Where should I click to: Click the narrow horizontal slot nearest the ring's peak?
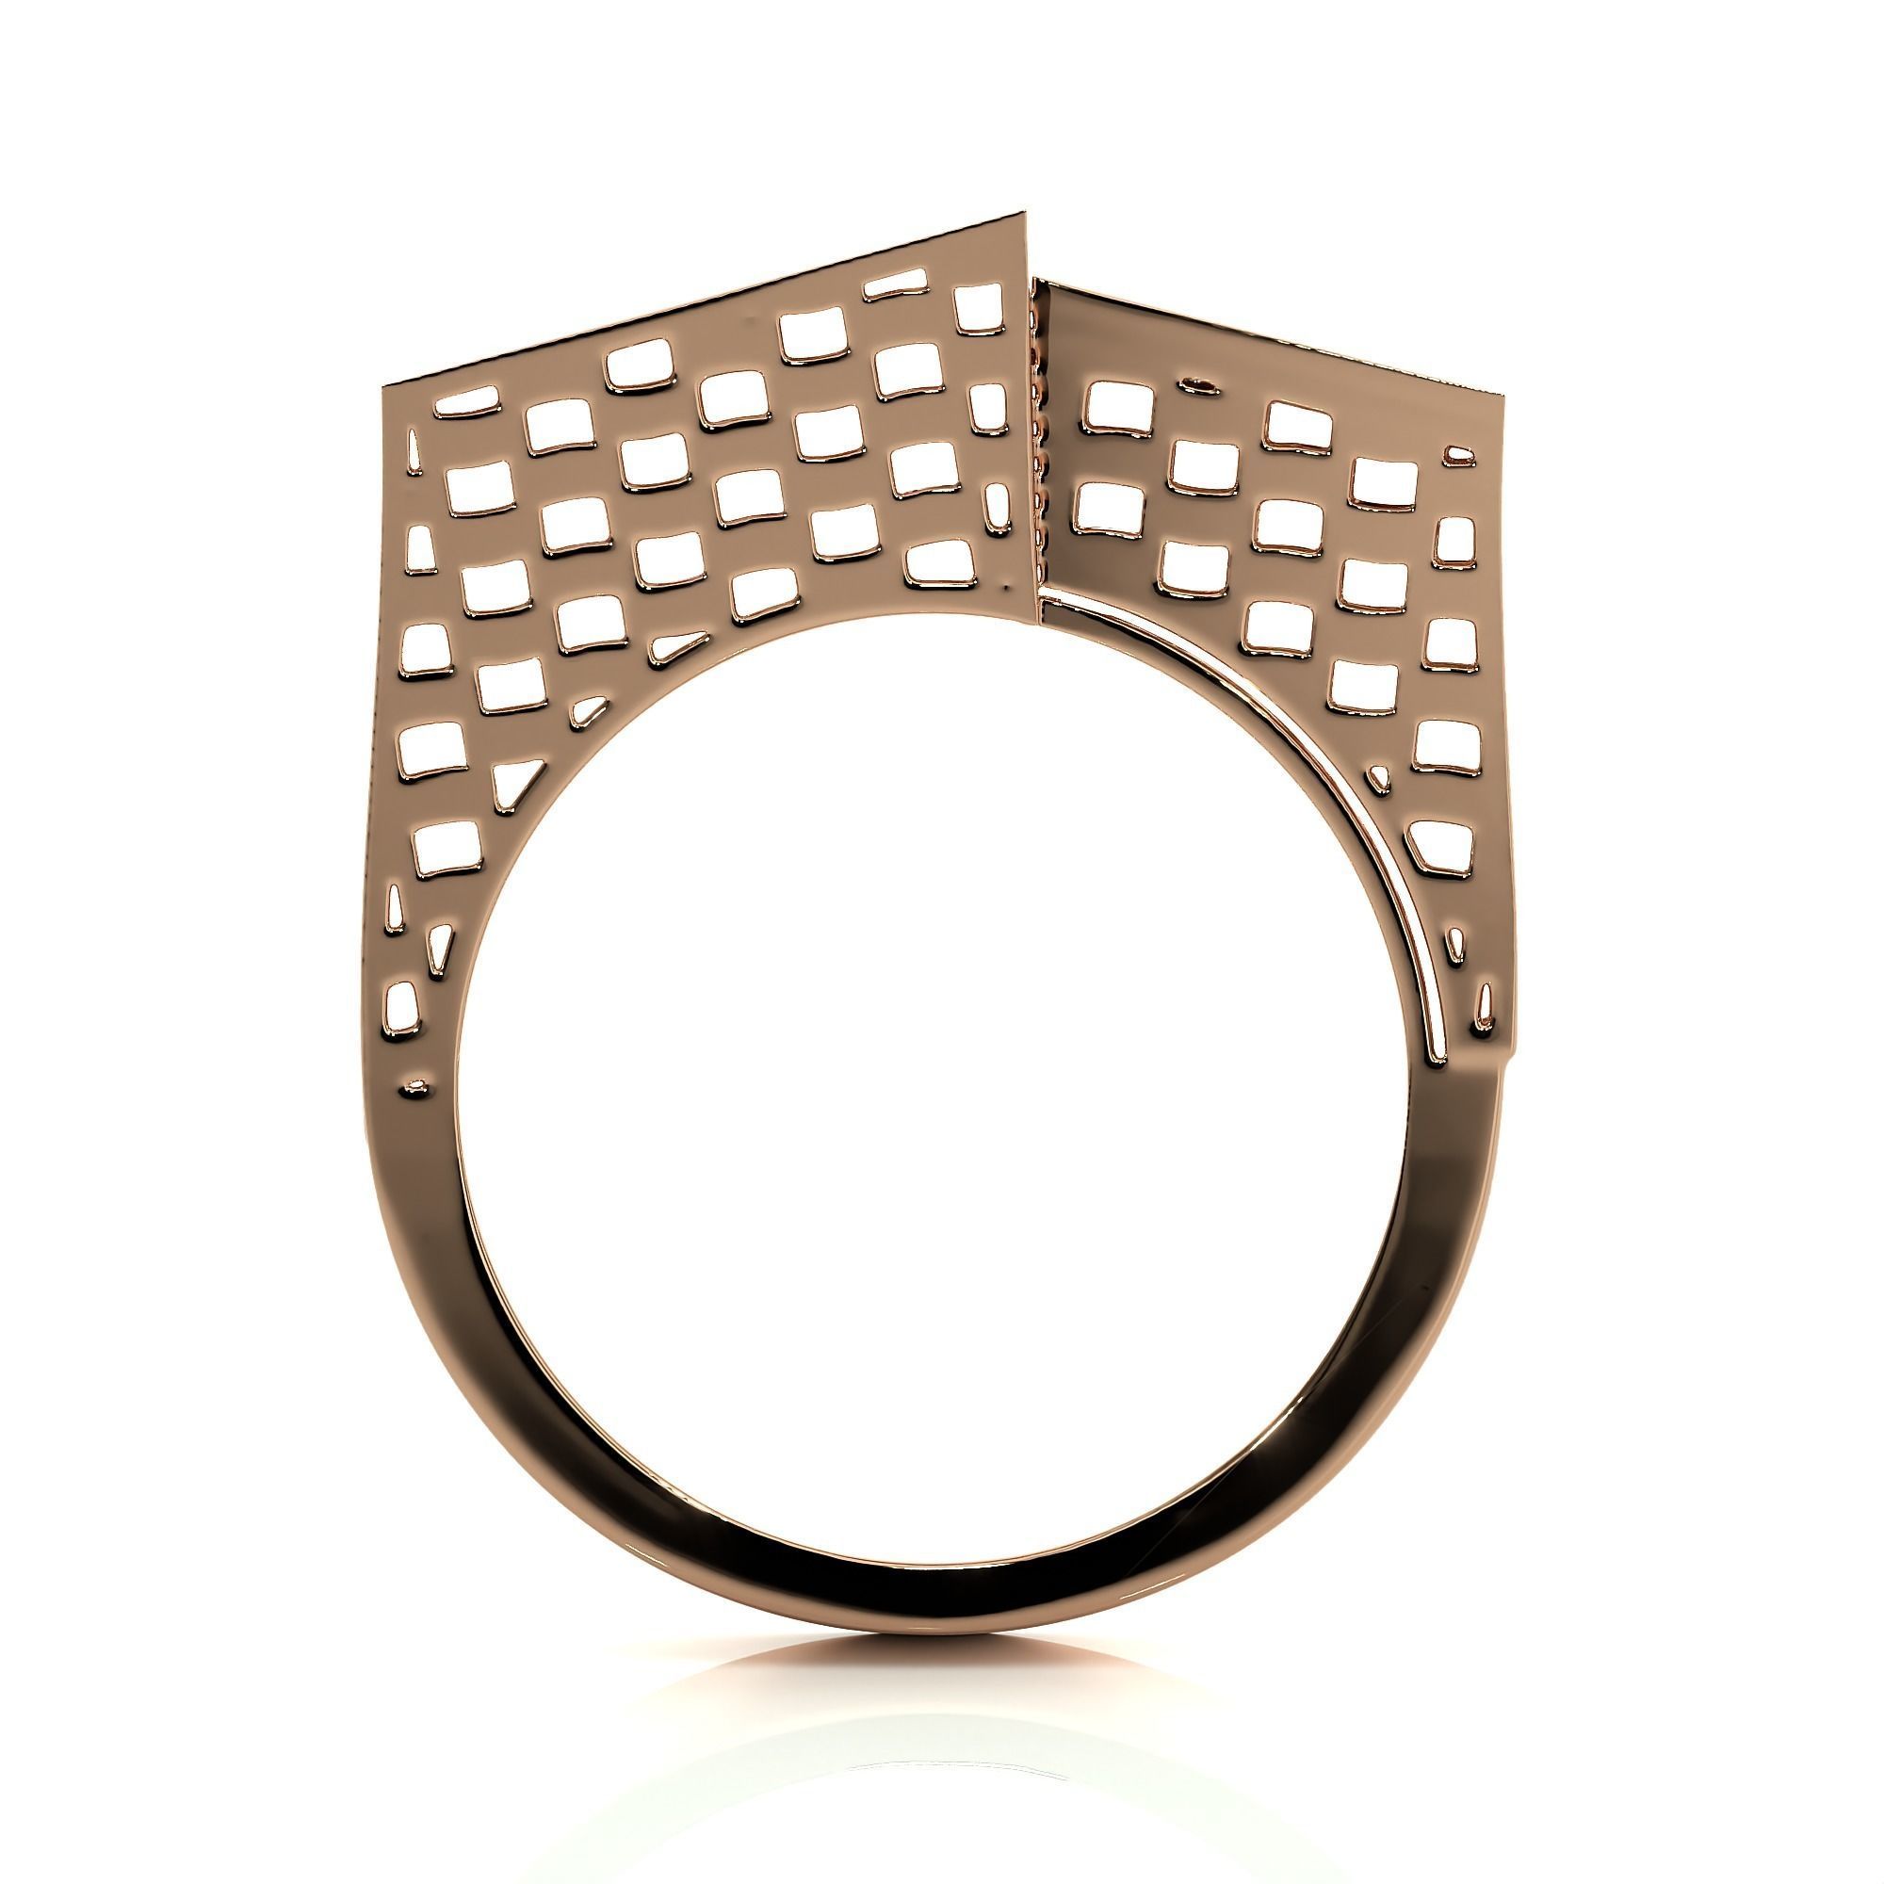[895, 286]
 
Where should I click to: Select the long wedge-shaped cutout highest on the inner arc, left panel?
[680, 644]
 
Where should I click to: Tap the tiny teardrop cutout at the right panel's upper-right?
[1459, 452]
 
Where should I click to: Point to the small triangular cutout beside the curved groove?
[1380, 777]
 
